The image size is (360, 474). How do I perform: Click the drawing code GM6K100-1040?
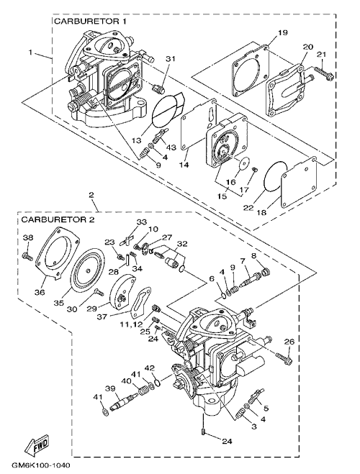coord(40,465)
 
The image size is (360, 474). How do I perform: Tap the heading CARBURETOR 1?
coord(90,22)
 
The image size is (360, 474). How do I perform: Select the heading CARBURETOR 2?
coord(58,219)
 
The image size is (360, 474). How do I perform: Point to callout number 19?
coord(282,32)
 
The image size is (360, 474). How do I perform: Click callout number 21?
coord(322,54)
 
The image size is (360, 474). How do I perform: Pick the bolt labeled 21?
coord(323,73)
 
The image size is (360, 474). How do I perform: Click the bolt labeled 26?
coord(284,357)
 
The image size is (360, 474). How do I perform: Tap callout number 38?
coord(28,237)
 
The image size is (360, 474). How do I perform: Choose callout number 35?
coord(59,303)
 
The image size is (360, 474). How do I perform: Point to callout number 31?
coord(171,59)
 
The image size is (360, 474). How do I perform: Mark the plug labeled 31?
coord(159,88)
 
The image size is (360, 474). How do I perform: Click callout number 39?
coord(110,388)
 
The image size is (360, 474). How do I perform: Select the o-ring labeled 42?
coord(157,383)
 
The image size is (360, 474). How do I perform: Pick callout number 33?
coord(142,222)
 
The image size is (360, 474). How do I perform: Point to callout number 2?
coord(91,195)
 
